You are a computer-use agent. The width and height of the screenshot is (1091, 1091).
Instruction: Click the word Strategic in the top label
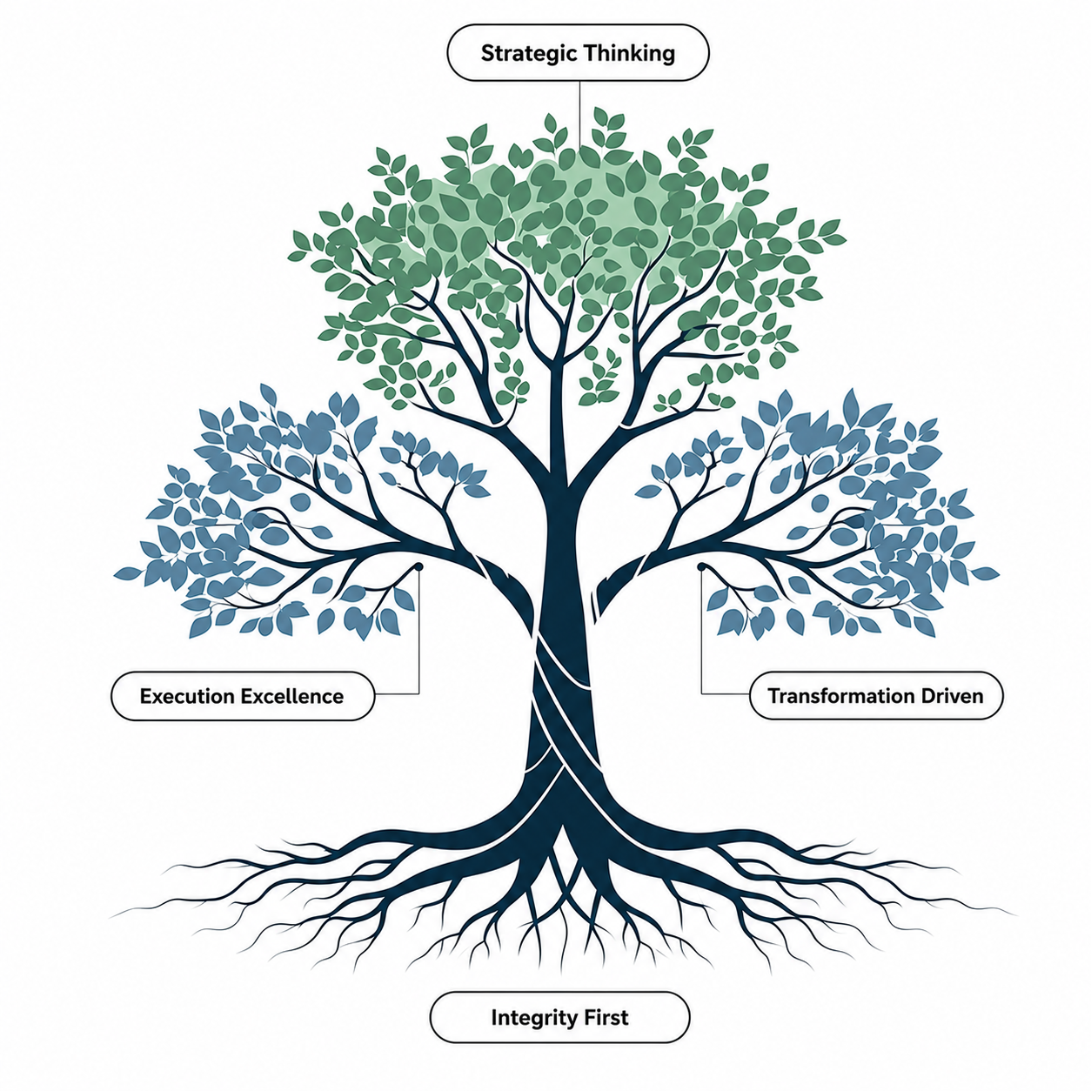click(x=529, y=54)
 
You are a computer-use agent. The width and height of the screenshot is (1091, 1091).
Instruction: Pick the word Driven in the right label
click(x=947, y=695)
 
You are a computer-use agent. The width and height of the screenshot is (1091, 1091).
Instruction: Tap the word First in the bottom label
click(x=600, y=1017)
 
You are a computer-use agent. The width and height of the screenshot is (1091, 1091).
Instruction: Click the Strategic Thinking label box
click(x=578, y=53)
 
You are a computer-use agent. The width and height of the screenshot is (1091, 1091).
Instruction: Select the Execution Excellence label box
click(x=243, y=696)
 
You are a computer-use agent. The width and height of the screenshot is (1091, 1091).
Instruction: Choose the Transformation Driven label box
click(x=876, y=695)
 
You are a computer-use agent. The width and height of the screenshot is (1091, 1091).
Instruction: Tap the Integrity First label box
click(x=560, y=1017)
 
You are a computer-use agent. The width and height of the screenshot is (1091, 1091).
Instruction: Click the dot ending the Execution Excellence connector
click(x=419, y=566)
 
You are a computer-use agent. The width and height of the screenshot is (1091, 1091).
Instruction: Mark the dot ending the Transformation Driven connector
click(x=701, y=566)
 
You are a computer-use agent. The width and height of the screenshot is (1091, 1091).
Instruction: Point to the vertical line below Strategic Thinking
click(x=579, y=114)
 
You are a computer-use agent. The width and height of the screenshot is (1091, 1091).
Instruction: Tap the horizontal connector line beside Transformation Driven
click(x=726, y=693)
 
